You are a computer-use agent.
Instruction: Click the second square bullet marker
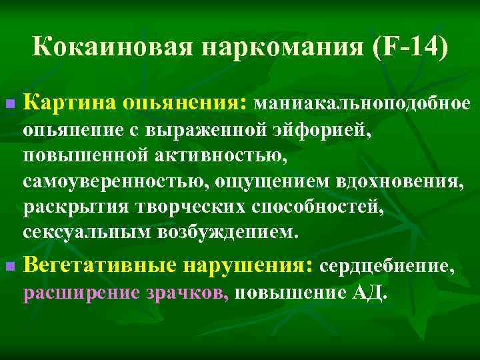(x=9, y=267)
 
